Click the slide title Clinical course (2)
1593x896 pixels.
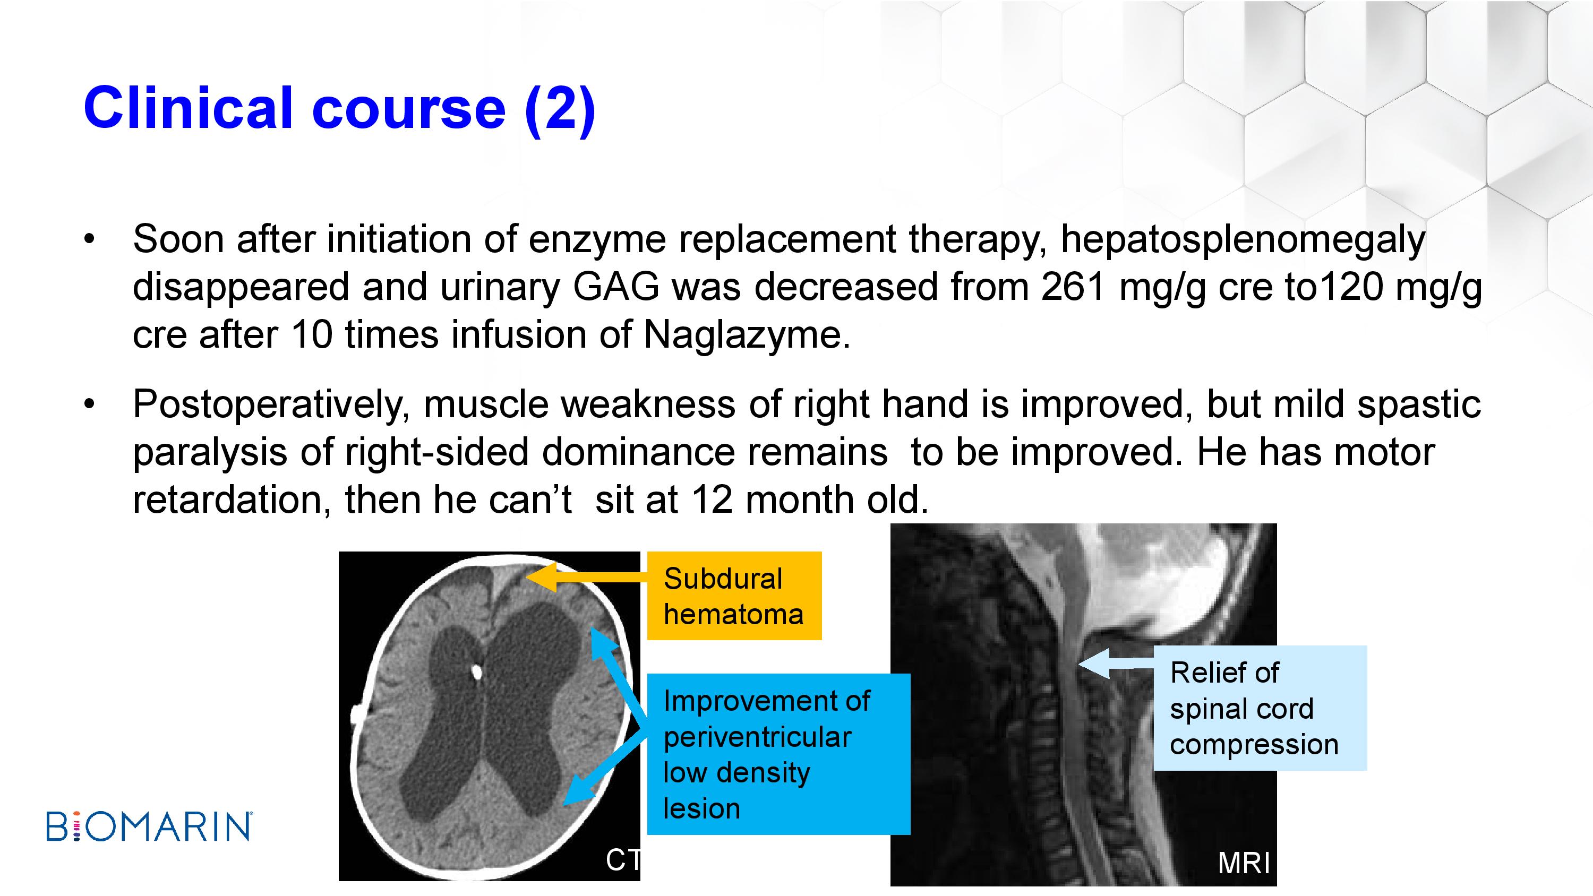(x=339, y=109)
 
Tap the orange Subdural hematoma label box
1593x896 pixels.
(x=734, y=596)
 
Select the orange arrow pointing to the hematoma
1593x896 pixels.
(x=586, y=578)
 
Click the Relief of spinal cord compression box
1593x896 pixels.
(x=1260, y=708)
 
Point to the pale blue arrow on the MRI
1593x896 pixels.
(x=1116, y=664)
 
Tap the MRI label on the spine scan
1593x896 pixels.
(x=1244, y=863)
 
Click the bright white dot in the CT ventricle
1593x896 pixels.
(x=476, y=671)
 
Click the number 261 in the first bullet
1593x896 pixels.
(x=1074, y=287)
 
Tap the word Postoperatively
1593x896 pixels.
(x=271, y=405)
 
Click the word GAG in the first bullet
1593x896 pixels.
(x=616, y=287)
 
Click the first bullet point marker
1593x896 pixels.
(x=90, y=239)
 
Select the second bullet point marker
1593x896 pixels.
(x=90, y=404)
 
